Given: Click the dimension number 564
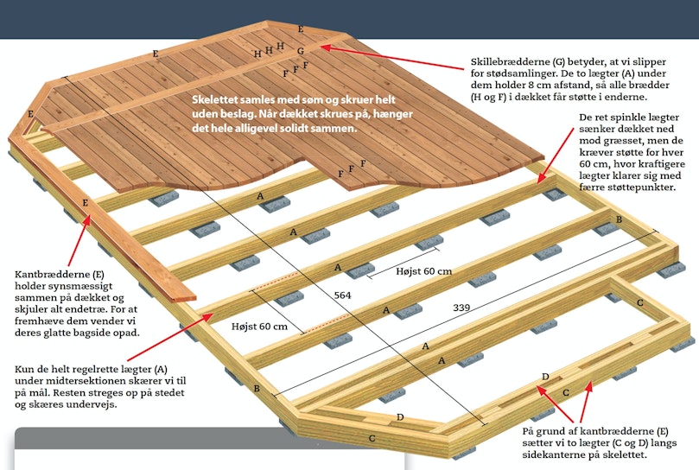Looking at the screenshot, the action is (x=342, y=295).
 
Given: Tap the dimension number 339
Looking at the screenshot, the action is (x=461, y=308).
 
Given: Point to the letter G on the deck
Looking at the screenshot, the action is (x=301, y=51).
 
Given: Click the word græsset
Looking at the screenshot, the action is (x=618, y=141).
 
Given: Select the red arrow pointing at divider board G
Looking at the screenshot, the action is (x=392, y=58).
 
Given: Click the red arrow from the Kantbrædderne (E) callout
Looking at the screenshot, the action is (x=79, y=240).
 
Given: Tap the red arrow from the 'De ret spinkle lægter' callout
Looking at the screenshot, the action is (x=556, y=156).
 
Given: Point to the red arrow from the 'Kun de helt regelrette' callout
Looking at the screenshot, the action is (x=170, y=337).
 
